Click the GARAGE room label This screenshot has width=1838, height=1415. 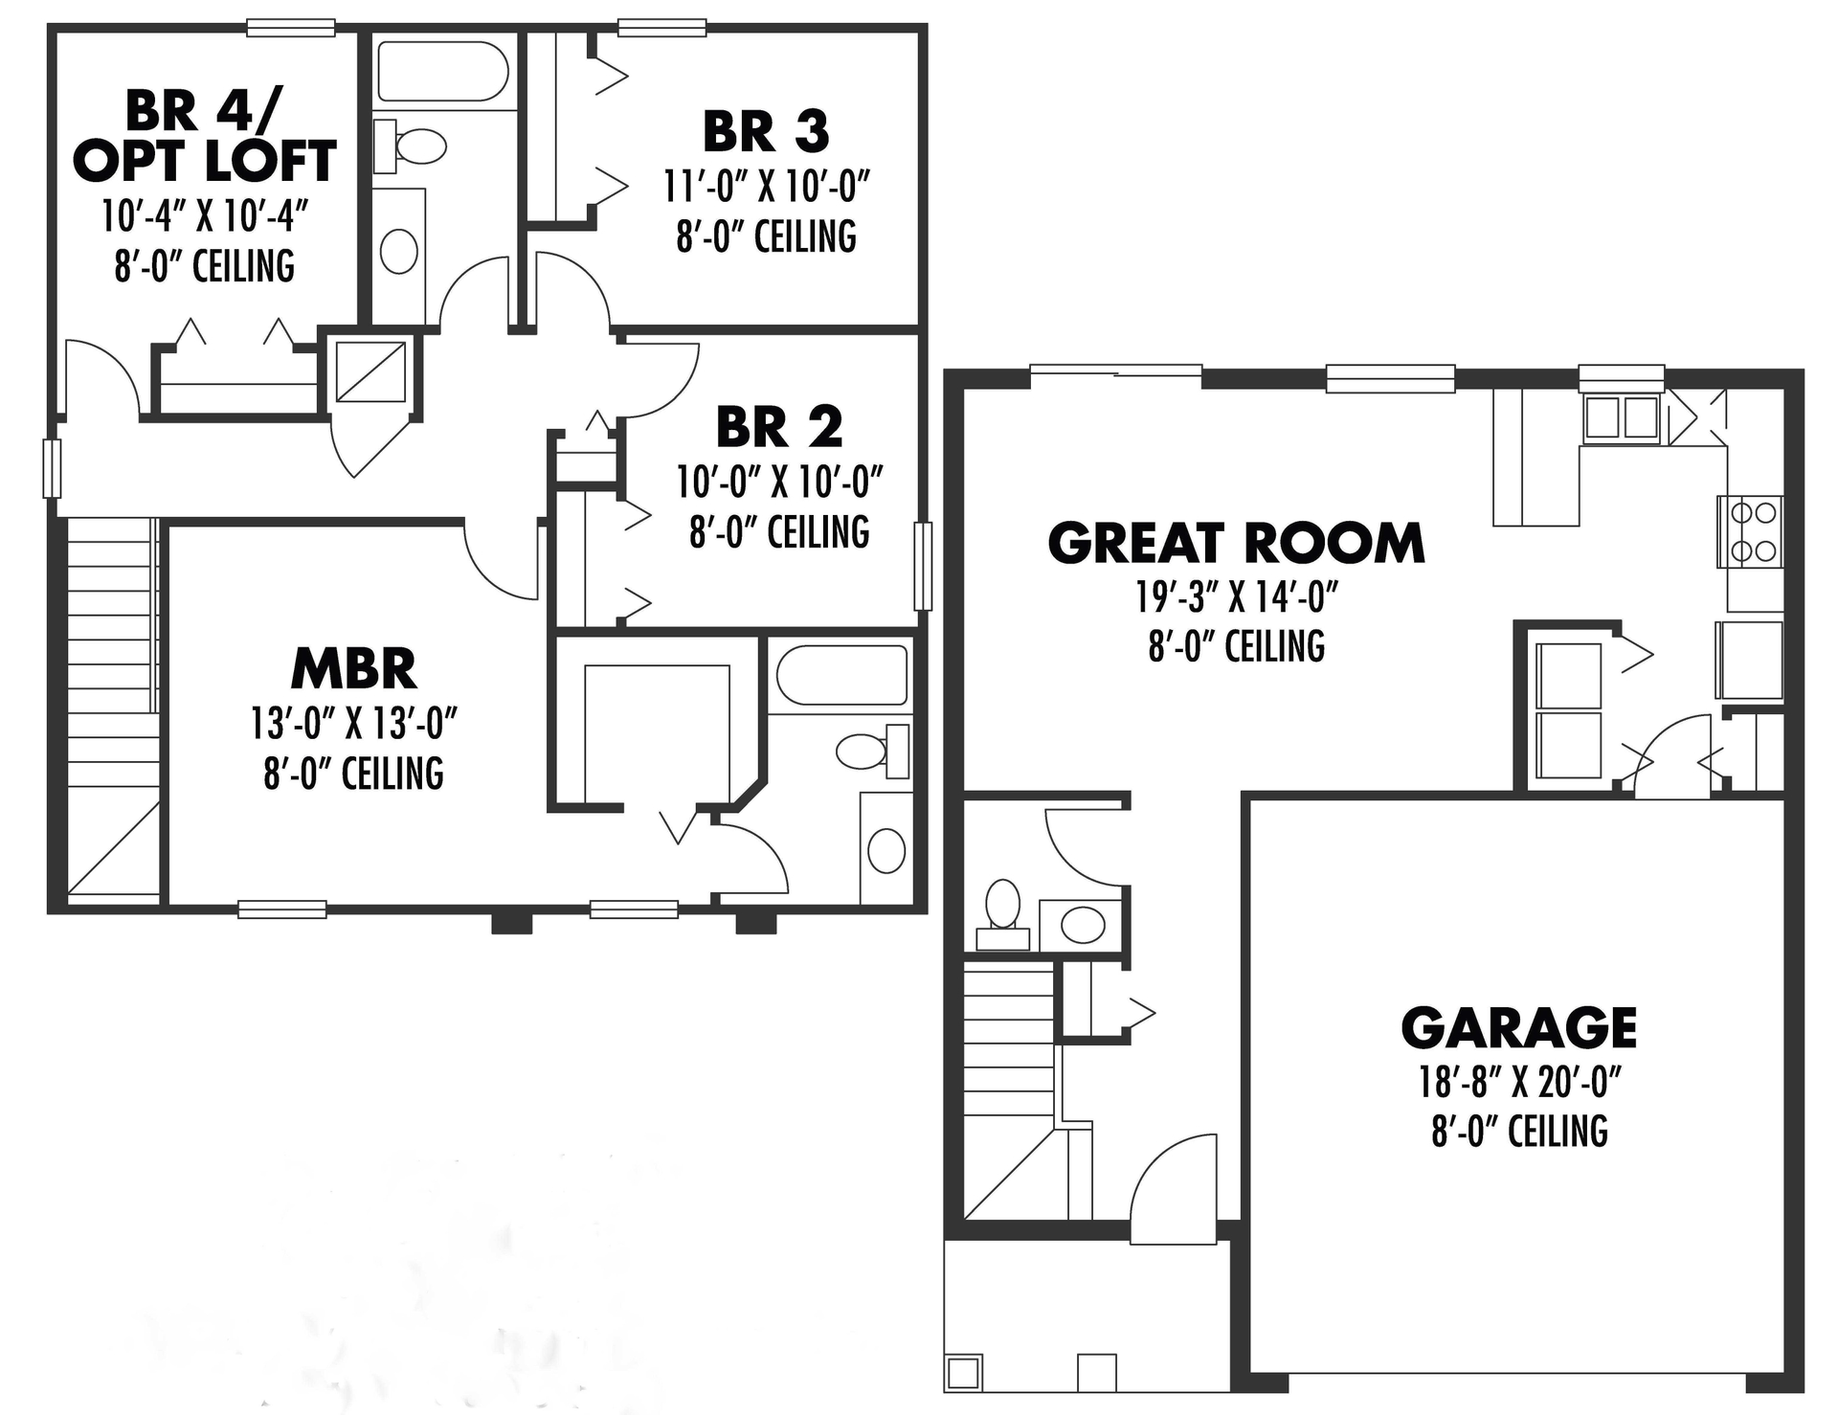point(1518,1028)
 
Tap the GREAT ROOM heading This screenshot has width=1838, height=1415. point(1236,543)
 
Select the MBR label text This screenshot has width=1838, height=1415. point(353,669)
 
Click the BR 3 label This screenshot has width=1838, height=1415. point(766,132)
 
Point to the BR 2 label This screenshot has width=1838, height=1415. point(779,427)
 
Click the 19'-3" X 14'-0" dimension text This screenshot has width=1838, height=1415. point(1236,597)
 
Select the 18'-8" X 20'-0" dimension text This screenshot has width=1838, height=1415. point(1519,1083)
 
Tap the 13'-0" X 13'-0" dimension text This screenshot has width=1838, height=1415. point(353,724)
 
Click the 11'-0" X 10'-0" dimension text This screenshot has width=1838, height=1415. point(767,187)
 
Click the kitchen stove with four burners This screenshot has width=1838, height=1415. point(1754,532)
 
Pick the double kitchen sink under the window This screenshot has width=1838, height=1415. point(1621,418)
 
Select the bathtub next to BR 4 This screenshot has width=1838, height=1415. point(441,70)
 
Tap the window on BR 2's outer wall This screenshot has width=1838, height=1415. point(923,566)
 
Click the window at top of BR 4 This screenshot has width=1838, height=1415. point(291,28)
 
